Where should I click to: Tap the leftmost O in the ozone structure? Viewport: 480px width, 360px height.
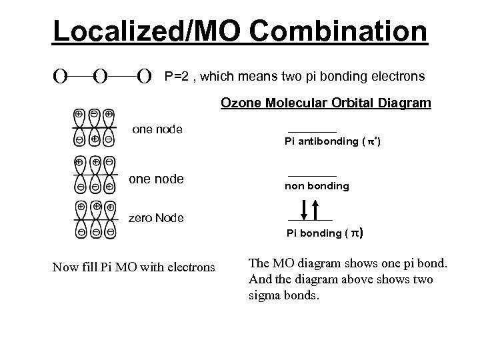pos(60,77)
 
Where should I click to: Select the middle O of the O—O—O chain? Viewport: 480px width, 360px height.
pos(101,77)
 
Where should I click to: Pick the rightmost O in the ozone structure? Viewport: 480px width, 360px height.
pos(143,77)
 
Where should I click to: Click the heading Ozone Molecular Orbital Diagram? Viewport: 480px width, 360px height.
pos(325,103)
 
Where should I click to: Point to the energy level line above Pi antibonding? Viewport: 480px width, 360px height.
pos(312,132)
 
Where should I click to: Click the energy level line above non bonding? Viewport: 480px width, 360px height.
pos(312,175)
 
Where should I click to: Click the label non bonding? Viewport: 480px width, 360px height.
pos(317,187)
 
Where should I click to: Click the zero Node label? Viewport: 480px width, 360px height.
pos(155,218)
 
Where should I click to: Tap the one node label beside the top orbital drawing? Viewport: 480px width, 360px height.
pos(158,129)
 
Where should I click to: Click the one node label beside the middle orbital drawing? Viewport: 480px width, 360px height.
pos(156,179)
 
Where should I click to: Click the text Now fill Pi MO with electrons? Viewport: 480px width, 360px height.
pos(133,267)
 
